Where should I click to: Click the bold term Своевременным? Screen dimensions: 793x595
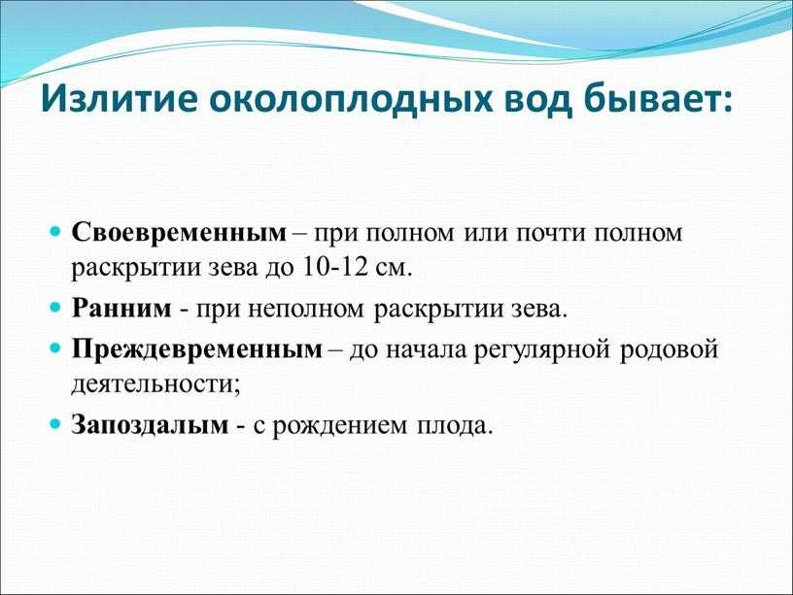pyautogui.click(x=179, y=233)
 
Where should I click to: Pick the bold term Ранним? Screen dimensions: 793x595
pyautogui.click(x=121, y=308)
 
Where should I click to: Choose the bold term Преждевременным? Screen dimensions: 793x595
pyautogui.click(x=196, y=349)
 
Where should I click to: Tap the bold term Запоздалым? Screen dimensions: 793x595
pyautogui.click(x=151, y=425)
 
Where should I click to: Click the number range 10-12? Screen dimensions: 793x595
pyautogui.click(x=336, y=267)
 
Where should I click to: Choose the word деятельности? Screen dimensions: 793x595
pyautogui.click(x=155, y=385)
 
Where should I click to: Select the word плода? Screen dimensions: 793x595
pyautogui.click(x=454, y=426)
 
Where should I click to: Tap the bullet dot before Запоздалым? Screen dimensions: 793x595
pyautogui.click(x=55, y=424)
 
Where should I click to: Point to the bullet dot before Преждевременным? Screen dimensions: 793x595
pyautogui.click(x=55, y=348)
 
